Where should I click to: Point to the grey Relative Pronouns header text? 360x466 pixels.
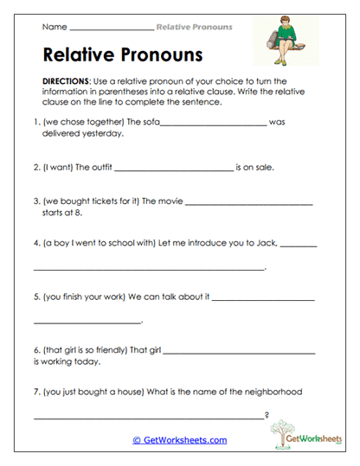pos(194,27)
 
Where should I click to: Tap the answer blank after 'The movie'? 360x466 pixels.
pos(249,204)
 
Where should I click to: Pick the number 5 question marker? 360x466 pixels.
pos(35,297)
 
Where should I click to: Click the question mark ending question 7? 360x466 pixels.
pos(267,418)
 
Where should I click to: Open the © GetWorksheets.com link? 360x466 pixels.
pos(179,440)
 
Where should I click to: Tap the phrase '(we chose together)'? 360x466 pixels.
pos(77,122)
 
